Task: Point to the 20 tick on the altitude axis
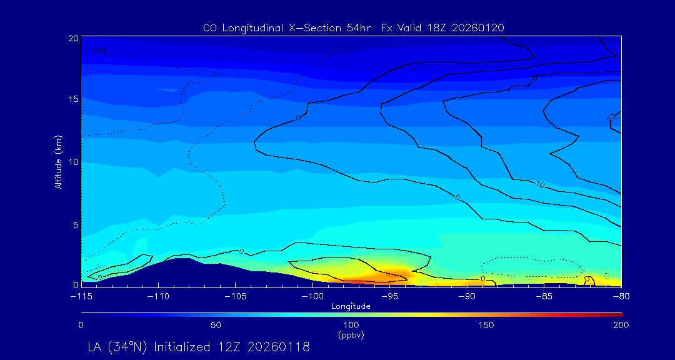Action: click(72, 38)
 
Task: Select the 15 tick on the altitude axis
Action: click(72, 99)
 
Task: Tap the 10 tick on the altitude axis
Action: click(72, 161)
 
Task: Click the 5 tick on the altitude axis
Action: click(74, 224)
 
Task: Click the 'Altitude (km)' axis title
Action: click(58, 161)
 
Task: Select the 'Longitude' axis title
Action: click(351, 306)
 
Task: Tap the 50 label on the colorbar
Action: click(216, 325)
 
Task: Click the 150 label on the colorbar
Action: click(486, 325)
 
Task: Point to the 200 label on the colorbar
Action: click(621, 325)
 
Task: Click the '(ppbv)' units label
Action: click(351, 335)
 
